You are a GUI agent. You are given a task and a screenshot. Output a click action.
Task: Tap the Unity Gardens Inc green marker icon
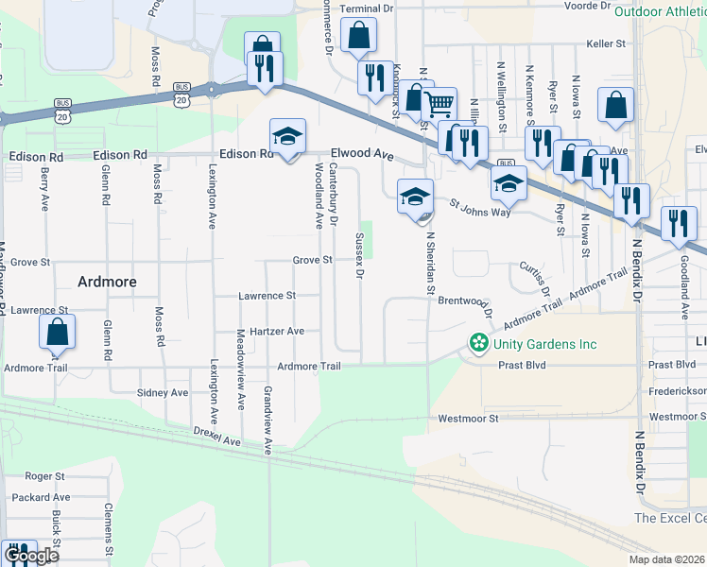tap(479, 341)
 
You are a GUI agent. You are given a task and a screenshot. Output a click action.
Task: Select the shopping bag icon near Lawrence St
tap(57, 332)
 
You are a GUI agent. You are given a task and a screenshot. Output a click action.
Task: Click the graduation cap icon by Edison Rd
tap(287, 134)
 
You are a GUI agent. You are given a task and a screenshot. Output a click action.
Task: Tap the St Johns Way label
tap(479, 206)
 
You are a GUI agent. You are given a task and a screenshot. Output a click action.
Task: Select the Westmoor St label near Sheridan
tap(468, 418)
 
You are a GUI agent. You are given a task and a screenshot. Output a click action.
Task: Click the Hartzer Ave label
tap(284, 331)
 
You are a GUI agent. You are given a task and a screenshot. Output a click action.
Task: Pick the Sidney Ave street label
tap(163, 392)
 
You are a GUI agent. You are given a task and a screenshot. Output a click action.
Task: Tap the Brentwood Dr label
tap(467, 302)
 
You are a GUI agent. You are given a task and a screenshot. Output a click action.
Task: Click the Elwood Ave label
tap(361, 153)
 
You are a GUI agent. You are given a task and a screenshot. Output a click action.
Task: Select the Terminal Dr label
tap(367, 9)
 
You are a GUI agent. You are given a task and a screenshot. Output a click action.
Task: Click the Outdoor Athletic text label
tap(659, 11)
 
